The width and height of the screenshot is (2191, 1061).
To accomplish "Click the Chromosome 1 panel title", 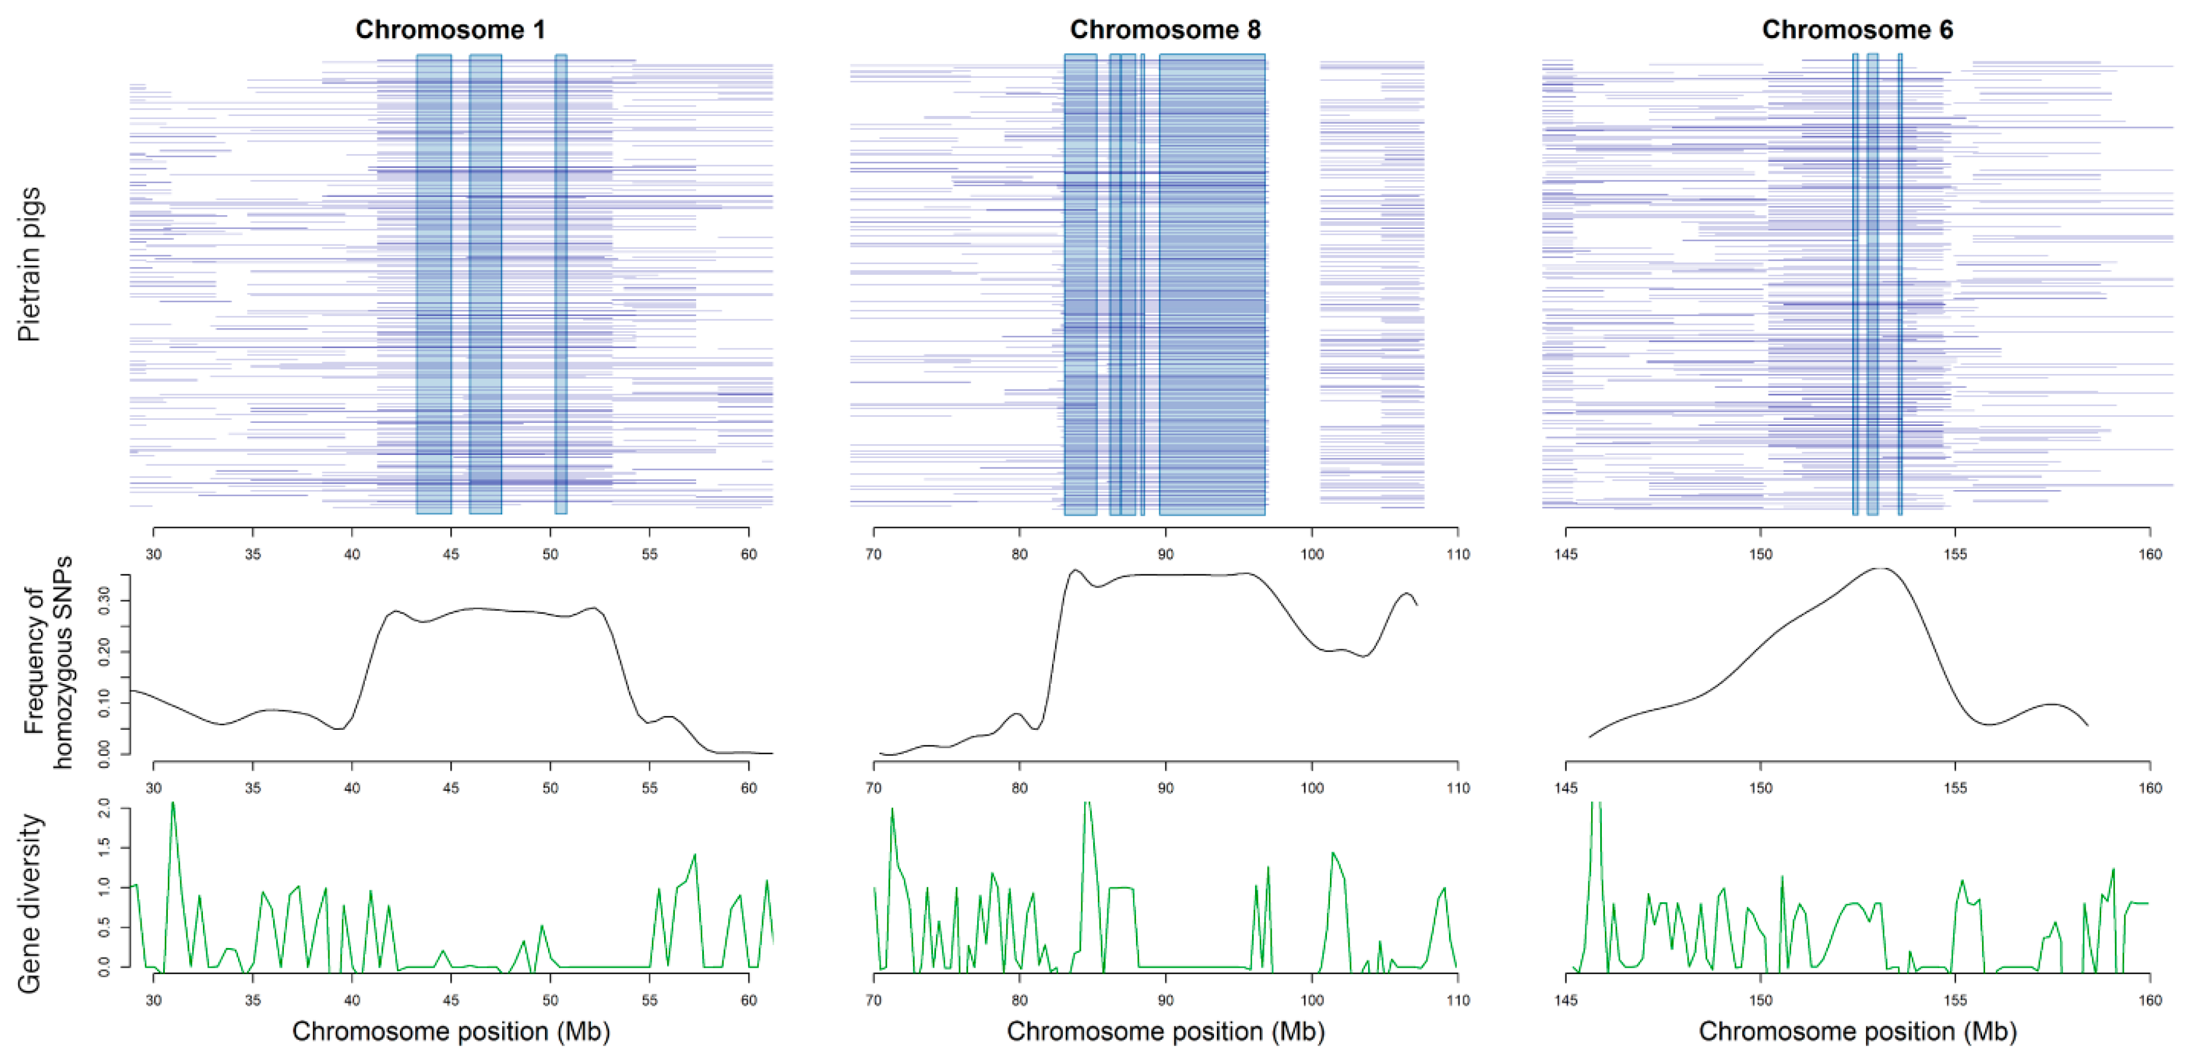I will pos(450,30).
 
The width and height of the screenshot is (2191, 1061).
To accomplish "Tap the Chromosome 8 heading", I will pos(1165,30).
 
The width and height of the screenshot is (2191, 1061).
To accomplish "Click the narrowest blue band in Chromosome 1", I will pos(561,285).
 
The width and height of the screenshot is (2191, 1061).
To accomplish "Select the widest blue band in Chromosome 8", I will pos(1212,285).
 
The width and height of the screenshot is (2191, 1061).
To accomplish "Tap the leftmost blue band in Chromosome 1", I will pos(434,285).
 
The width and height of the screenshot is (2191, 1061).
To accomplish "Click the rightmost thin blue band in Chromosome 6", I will pos(1900,285).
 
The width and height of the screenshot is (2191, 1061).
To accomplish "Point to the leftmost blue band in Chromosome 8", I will pos(1080,285).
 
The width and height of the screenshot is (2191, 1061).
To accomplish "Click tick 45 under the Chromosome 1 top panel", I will pos(451,554).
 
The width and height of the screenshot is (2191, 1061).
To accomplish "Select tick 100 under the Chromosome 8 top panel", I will pos(1312,554).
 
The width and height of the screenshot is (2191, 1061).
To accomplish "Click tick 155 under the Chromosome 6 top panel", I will pos(1955,554).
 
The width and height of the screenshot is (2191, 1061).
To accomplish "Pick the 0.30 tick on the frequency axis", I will pos(105,602).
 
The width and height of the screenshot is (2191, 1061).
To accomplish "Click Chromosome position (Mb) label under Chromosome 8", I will pos(1165,1031).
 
